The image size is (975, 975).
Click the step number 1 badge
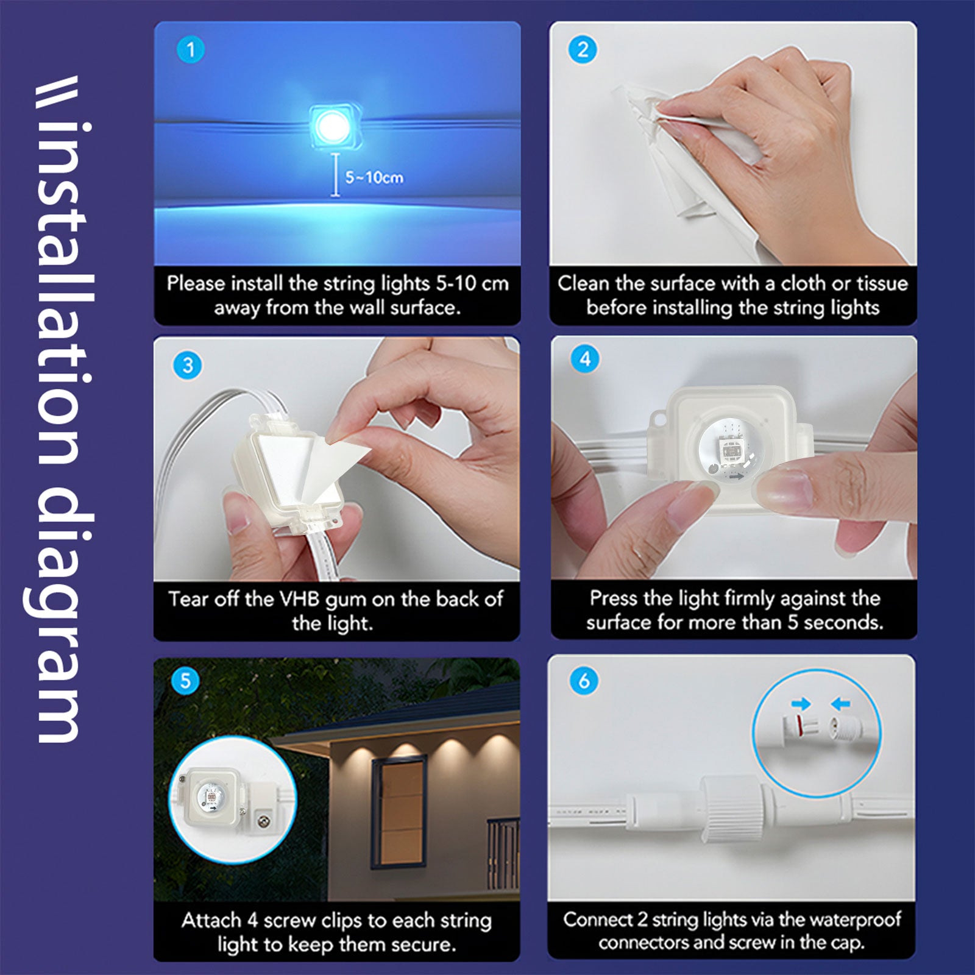point(190,49)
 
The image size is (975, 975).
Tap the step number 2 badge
point(583,49)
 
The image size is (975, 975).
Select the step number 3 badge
point(188,365)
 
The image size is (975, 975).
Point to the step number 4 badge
point(584,359)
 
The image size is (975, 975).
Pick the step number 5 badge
point(186,680)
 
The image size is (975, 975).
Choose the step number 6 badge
point(584,680)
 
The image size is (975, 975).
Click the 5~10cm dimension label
point(374,177)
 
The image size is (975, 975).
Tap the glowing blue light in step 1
point(333,126)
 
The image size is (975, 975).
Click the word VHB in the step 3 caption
point(299,599)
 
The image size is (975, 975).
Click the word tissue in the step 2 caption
point(882,283)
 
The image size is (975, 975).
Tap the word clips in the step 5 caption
point(341,921)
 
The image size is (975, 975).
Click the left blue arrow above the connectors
point(801,704)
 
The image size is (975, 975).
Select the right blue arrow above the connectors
point(840,704)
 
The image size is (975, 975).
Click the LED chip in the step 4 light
point(730,451)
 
